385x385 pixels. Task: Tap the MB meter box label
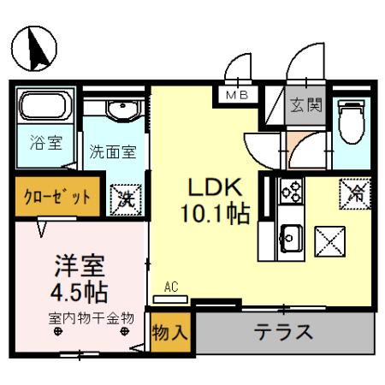click(x=237, y=96)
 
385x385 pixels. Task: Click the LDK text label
click(x=216, y=187)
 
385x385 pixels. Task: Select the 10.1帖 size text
click(x=216, y=213)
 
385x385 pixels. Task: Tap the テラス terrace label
click(x=282, y=332)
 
